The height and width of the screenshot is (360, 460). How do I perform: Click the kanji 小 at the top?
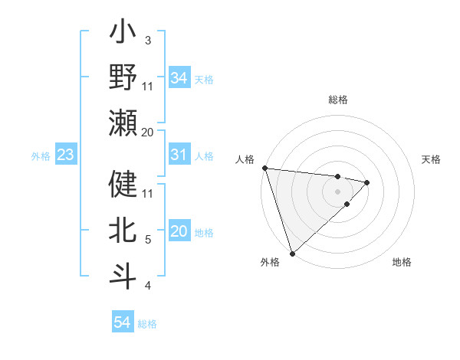tap(123, 34)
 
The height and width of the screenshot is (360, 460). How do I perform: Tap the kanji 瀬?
tap(123, 123)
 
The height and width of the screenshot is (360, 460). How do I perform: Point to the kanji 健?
tap(123, 185)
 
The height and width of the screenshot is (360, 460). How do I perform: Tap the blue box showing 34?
tap(179, 77)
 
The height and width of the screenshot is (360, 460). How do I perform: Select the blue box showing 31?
tap(179, 155)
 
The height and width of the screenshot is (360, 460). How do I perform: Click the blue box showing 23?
tap(65, 155)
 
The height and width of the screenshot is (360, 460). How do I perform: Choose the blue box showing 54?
tap(123, 322)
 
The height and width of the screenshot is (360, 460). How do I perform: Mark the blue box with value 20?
tap(179, 232)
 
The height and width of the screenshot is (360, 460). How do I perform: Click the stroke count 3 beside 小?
tap(147, 41)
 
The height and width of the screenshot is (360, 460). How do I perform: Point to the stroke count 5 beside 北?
tap(147, 240)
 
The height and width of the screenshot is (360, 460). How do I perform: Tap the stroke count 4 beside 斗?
tap(147, 286)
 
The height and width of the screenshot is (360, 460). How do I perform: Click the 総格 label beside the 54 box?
tap(147, 324)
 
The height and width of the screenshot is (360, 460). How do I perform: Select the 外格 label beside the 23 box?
tap(41, 156)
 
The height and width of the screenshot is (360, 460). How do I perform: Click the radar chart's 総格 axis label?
tap(338, 100)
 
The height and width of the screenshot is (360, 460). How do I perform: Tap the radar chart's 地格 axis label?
tap(402, 262)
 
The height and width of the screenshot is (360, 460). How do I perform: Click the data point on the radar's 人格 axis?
tap(264, 168)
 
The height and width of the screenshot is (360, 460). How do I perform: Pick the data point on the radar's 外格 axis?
tap(292, 252)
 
